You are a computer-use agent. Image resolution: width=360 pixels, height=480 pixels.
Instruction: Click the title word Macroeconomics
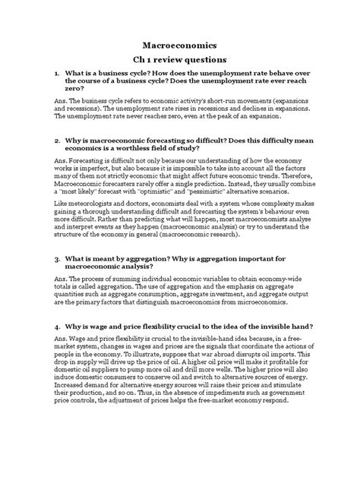179,45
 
